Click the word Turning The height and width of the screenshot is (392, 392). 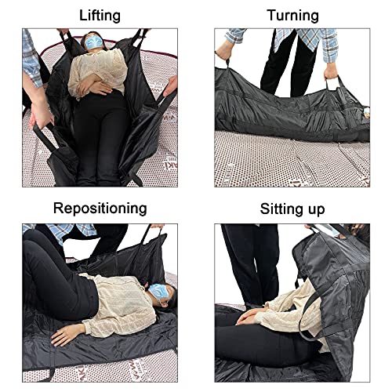click(292, 15)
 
